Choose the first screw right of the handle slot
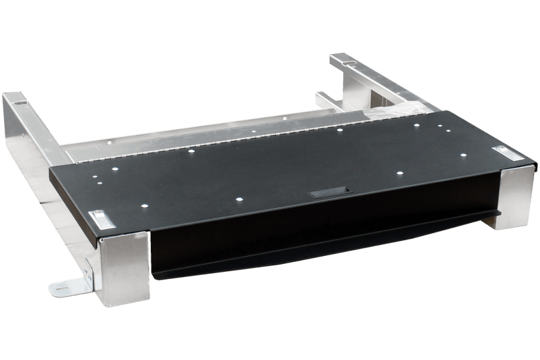coord(399,174)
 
